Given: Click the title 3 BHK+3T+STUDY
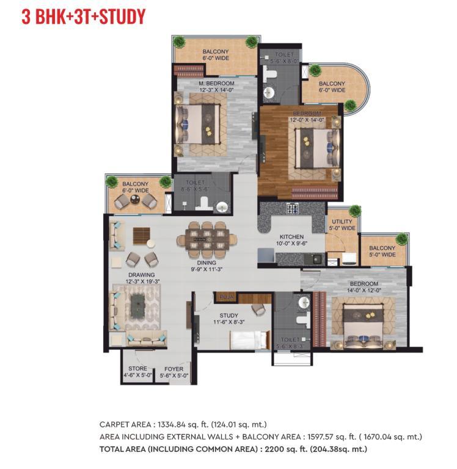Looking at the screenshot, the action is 84,16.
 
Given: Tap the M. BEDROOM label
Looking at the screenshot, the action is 216,84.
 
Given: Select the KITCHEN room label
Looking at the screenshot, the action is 291,236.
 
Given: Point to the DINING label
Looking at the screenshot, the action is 207,263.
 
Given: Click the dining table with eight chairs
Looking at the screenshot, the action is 207,239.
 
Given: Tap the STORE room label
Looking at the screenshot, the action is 137,368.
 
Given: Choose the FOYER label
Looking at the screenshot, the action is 174,369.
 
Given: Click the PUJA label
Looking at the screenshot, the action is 227,297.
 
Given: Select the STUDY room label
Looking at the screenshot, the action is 228,316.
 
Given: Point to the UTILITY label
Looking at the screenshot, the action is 342,221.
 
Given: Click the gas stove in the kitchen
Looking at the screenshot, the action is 293,208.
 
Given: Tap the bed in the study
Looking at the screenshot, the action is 250,340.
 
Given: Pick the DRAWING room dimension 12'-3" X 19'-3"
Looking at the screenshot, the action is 142,282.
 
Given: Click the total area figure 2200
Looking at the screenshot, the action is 274,449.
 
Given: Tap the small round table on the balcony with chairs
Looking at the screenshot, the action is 135,200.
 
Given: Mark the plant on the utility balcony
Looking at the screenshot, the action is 355,210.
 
